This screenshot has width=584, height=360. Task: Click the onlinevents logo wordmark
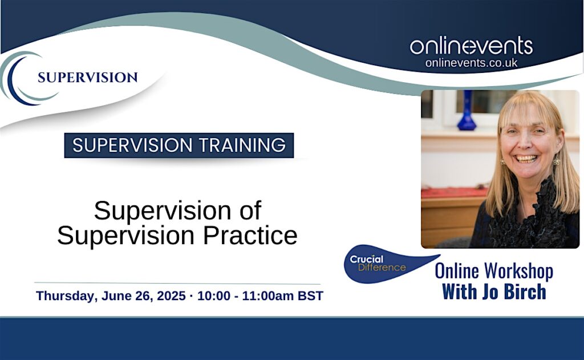[471, 46]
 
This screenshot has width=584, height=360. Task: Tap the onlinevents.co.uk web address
[471, 63]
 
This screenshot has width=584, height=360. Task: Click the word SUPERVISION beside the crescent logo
[87, 78]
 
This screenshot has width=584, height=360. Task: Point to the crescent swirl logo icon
[22, 78]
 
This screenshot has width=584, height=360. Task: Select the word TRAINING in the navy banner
[242, 145]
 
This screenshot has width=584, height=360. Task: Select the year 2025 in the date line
[171, 296]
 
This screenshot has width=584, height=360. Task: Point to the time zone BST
[310, 296]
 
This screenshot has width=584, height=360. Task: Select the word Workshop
[518, 272]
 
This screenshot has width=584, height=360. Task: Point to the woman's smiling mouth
[526, 158]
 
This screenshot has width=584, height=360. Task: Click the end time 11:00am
[268, 296]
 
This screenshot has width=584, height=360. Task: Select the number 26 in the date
[142, 296]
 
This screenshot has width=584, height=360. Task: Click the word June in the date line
[116, 296]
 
